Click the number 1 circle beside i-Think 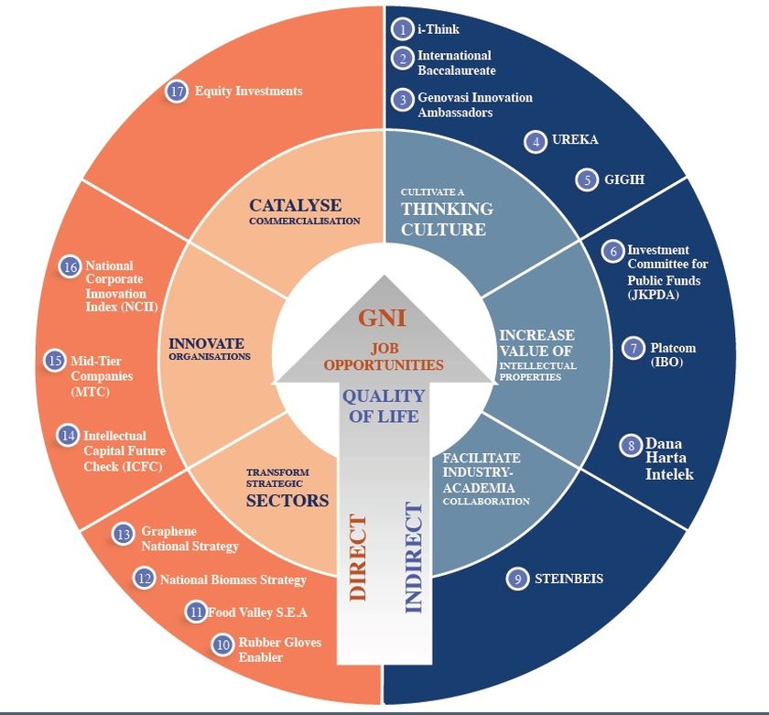click(402, 29)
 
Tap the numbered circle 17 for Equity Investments click(177, 92)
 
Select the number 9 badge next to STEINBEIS click(518, 579)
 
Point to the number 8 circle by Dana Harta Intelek click(631, 446)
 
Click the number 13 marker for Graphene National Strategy click(125, 533)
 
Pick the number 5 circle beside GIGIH click(586, 179)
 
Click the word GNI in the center click(382, 319)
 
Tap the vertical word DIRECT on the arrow click(358, 558)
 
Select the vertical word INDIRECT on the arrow click(413, 558)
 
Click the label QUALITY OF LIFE click(383, 406)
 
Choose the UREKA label click(575, 141)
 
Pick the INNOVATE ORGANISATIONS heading click(210, 349)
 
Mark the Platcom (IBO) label click(672, 355)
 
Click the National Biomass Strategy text click(233, 580)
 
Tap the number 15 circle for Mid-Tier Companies click(56, 360)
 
